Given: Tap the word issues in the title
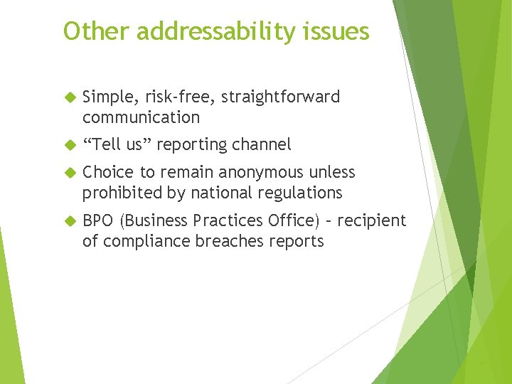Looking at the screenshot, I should click(343, 31).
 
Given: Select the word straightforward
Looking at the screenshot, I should click(274, 97).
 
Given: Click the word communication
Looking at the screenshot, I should click(141, 117).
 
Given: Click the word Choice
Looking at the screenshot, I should click(106, 173).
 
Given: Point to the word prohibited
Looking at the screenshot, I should click(119, 193).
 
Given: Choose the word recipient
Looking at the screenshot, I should click(372, 221).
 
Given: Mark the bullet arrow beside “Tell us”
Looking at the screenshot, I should click(69, 145).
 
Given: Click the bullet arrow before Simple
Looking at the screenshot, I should click(69, 97).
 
